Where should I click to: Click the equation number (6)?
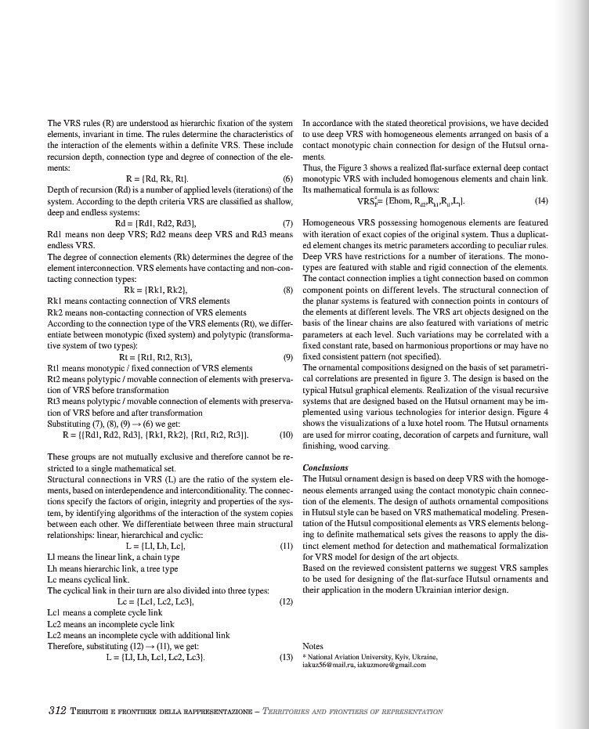point(287,179)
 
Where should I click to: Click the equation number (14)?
point(541,200)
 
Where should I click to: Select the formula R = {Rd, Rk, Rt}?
point(157,179)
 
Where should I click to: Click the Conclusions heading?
point(325,467)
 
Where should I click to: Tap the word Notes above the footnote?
point(313,646)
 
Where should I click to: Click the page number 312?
point(56,711)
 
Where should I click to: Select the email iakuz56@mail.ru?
point(327,665)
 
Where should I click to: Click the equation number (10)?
point(285,434)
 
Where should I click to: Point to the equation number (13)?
point(286,657)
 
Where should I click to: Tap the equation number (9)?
point(287,356)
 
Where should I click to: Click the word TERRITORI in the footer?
point(94,712)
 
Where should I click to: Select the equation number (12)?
point(286,601)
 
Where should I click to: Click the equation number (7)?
point(287,223)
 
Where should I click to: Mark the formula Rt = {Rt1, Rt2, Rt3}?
point(156,356)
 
